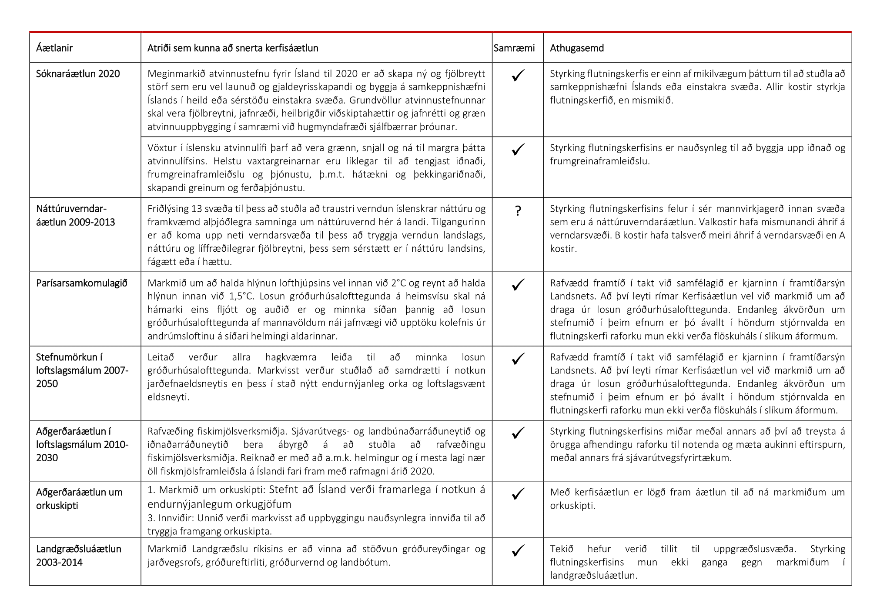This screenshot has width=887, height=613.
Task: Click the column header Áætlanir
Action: pos(54,48)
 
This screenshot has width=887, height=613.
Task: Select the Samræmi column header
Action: pos(514,48)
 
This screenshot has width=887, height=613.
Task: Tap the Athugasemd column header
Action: pos(576,48)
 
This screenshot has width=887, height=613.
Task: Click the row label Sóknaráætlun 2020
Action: pos(78,74)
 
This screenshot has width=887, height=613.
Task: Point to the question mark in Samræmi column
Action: pos(518,211)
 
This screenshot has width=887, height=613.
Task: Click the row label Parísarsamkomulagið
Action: pos(82,283)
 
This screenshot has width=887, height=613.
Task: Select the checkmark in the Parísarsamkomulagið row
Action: pos(518,285)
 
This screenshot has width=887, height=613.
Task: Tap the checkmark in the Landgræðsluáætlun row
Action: pos(518,550)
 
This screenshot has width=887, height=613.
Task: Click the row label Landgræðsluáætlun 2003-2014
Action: pos(79,555)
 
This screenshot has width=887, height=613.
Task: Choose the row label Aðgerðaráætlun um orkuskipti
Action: pos(79,499)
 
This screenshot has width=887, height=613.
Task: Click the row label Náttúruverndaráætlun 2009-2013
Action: pos(76,216)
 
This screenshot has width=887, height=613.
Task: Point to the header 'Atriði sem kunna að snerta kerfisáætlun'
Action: pos(233,48)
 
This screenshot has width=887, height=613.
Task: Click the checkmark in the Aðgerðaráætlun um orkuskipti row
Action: pos(518,494)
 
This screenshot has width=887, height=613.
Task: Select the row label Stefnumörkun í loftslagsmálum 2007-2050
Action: pos(82,370)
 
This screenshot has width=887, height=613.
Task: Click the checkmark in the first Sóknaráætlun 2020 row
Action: pos(518,76)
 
